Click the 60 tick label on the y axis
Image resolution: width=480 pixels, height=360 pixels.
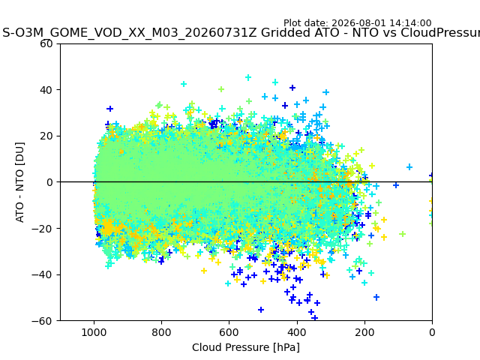(46, 43)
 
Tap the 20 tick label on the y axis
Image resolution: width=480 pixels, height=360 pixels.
(46, 136)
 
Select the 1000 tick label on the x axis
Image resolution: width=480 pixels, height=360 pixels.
(94, 332)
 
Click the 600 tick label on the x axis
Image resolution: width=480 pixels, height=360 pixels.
(229, 332)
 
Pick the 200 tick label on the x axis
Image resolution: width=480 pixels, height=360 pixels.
(364, 332)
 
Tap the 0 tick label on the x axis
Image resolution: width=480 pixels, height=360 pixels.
(432, 332)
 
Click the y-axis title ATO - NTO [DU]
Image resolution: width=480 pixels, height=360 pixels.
(19, 182)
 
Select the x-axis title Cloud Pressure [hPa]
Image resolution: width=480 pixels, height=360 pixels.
(246, 347)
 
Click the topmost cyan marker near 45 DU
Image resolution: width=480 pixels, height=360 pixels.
(248, 77)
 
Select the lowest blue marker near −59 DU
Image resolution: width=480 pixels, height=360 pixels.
(314, 318)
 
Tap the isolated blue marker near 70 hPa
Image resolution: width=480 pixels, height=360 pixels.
(409, 167)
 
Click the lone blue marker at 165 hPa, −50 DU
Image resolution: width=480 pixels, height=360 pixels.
(376, 297)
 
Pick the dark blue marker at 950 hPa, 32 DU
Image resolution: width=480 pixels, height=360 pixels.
(110, 109)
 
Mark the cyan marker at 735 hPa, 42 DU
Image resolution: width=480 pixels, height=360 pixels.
(184, 84)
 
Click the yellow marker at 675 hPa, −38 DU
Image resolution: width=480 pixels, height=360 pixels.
(204, 271)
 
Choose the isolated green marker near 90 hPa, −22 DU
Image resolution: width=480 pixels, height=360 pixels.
(403, 234)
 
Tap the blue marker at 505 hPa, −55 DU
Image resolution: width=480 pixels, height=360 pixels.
(261, 310)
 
